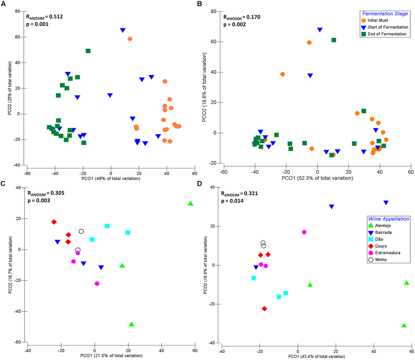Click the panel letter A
click(x=4, y=4)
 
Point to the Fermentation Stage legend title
click(x=382, y=14)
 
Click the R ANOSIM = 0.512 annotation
click(x=45, y=17)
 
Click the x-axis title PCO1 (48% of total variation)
click(x=110, y=178)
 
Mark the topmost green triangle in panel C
click(x=190, y=204)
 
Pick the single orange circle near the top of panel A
click(x=130, y=39)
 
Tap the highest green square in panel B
click(x=334, y=40)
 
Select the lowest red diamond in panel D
click(x=264, y=308)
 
